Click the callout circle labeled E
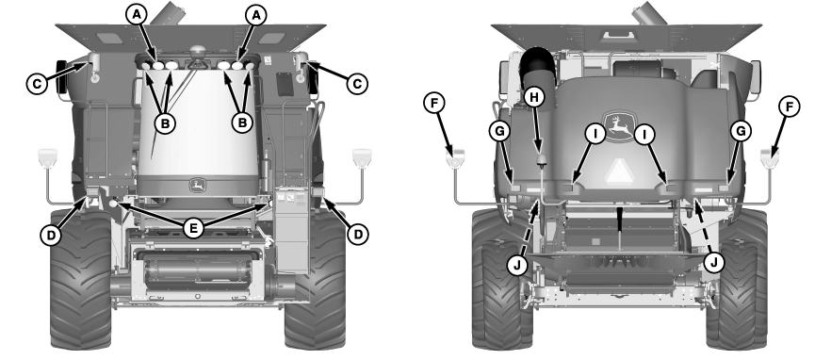(193, 227)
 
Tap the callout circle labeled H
(535, 97)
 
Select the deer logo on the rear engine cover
(619, 126)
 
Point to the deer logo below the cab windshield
(197, 186)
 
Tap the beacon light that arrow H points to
(542, 160)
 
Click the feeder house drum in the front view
(197, 270)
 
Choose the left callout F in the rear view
(435, 103)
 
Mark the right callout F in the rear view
(789, 108)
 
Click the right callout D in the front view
(358, 234)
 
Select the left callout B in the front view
(165, 123)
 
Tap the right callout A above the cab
(255, 16)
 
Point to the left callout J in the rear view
(516, 265)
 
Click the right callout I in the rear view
(644, 135)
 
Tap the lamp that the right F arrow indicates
(769, 157)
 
